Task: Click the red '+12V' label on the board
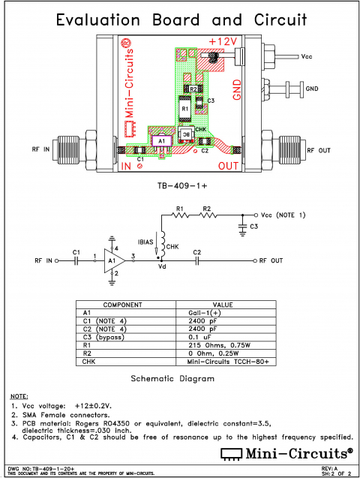click(x=223, y=41)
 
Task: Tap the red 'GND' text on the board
click(x=237, y=88)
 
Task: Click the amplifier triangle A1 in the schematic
click(x=113, y=260)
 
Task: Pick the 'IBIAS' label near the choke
click(x=147, y=242)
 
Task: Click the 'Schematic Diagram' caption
click(x=173, y=378)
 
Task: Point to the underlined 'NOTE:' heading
click(x=19, y=395)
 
